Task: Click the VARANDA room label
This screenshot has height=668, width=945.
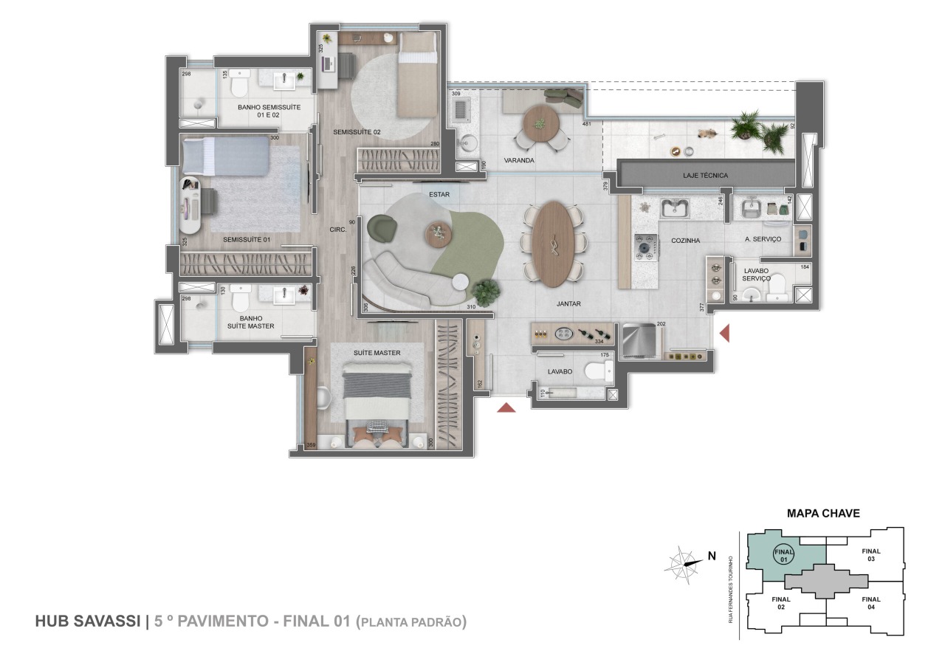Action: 519,160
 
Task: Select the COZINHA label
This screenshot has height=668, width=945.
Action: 685,241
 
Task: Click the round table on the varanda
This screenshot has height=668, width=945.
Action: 538,119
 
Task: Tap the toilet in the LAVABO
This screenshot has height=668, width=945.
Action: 594,371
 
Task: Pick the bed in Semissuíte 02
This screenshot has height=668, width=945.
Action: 419,78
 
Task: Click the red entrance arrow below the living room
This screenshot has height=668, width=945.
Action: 506,407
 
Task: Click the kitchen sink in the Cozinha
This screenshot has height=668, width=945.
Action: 674,208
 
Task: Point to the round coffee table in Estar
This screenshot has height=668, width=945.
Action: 437,234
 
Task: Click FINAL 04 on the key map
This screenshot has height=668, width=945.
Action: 870,603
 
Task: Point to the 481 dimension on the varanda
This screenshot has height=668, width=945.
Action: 587,124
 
